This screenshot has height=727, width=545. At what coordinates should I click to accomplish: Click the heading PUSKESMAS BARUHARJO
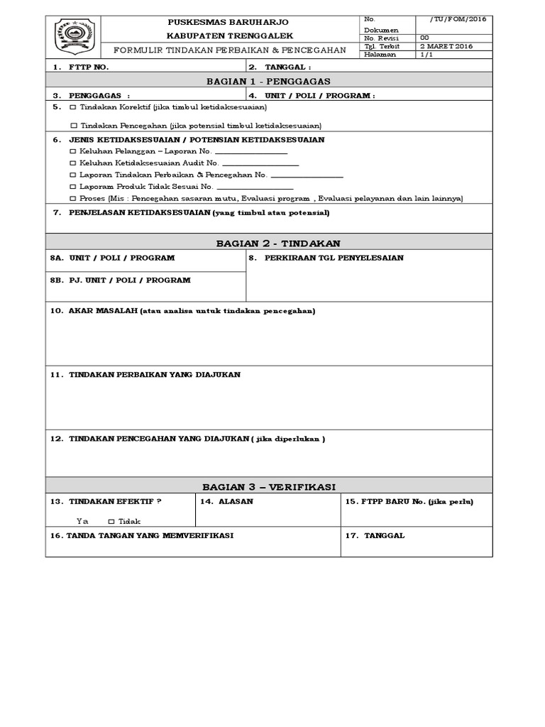click(229, 23)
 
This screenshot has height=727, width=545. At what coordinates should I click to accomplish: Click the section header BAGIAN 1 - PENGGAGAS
click(268, 81)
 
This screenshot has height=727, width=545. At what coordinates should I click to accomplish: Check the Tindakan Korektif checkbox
click(74, 107)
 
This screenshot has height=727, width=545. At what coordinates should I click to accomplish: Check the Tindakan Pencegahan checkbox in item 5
click(74, 125)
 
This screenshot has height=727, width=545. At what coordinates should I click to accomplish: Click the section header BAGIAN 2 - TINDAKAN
click(268, 244)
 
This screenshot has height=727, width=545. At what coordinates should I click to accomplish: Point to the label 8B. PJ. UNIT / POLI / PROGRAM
click(121, 280)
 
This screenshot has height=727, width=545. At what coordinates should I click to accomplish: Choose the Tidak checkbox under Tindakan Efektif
click(111, 521)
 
